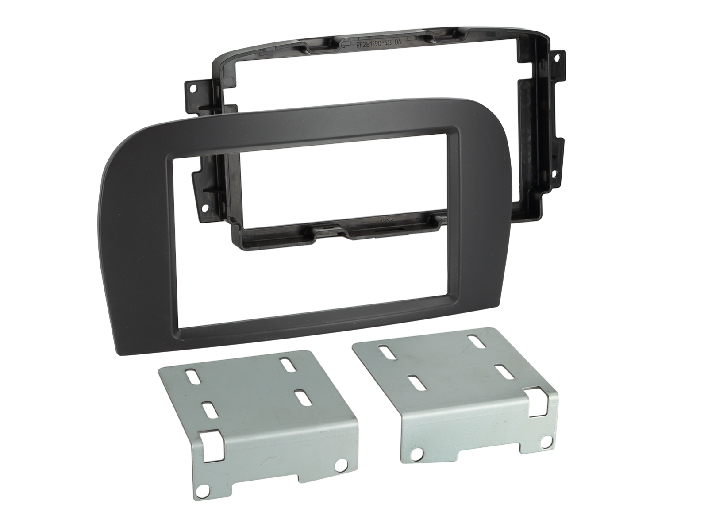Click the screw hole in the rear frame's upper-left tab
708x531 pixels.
193,88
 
